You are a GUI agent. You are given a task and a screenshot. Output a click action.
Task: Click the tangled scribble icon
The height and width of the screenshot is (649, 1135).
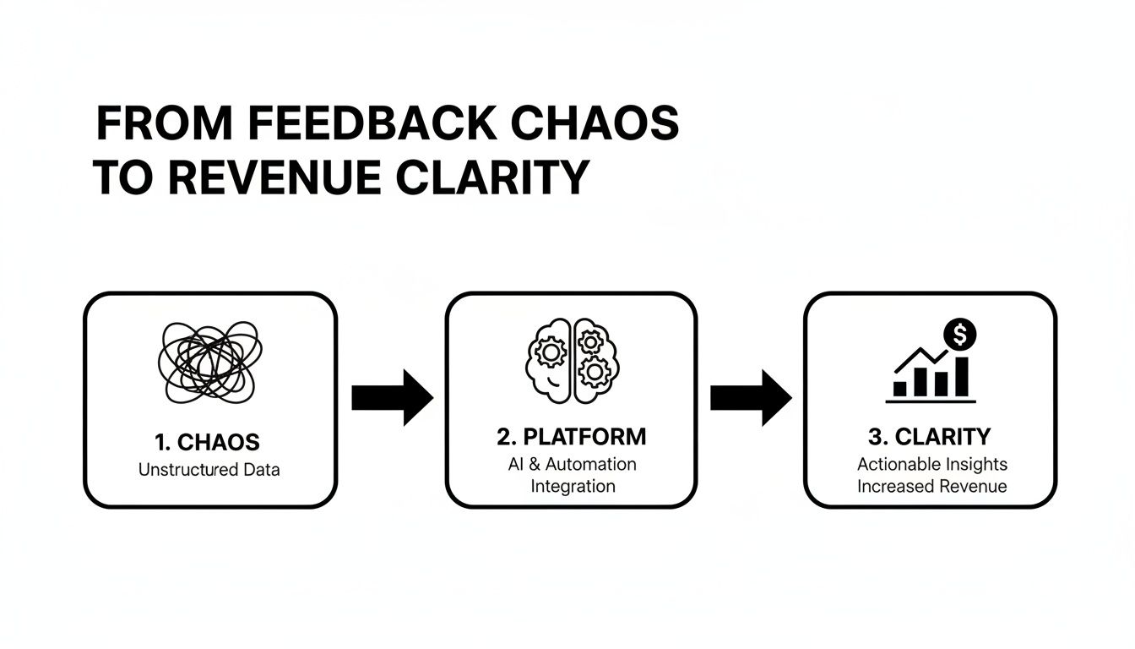click(209, 361)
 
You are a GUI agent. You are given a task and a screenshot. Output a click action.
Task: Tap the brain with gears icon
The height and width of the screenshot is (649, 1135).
click(573, 358)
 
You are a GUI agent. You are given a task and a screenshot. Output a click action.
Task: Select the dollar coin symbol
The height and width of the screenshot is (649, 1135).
click(959, 335)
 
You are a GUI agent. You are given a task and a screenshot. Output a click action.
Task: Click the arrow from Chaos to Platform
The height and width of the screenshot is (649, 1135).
click(392, 396)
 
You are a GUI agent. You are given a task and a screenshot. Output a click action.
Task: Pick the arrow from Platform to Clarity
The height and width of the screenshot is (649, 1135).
click(751, 396)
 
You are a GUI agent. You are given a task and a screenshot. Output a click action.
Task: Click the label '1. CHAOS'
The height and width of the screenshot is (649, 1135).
click(208, 442)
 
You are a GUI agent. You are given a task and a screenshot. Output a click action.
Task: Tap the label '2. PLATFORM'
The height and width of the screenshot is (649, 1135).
click(572, 437)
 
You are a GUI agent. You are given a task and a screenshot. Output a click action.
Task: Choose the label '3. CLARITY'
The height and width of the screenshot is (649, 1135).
click(930, 437)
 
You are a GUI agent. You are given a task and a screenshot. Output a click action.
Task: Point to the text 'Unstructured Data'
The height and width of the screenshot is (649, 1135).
click(209, 470)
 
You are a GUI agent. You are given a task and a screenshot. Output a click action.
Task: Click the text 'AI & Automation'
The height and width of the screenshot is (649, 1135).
click(573, 464)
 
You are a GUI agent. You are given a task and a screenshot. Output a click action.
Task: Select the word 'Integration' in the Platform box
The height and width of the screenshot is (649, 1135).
click(573, 486)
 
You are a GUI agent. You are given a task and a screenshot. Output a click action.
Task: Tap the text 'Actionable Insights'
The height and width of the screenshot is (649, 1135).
click(932, 464)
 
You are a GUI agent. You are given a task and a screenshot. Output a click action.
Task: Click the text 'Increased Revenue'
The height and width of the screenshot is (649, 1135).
click(932, 486)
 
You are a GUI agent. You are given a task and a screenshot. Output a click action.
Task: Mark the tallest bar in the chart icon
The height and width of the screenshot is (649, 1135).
click(962, 377)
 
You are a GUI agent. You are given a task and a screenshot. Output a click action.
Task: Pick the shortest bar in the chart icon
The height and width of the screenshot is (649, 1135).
click(900, 389)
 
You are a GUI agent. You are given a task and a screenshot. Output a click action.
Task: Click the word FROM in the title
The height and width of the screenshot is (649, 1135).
click(163, 125)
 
